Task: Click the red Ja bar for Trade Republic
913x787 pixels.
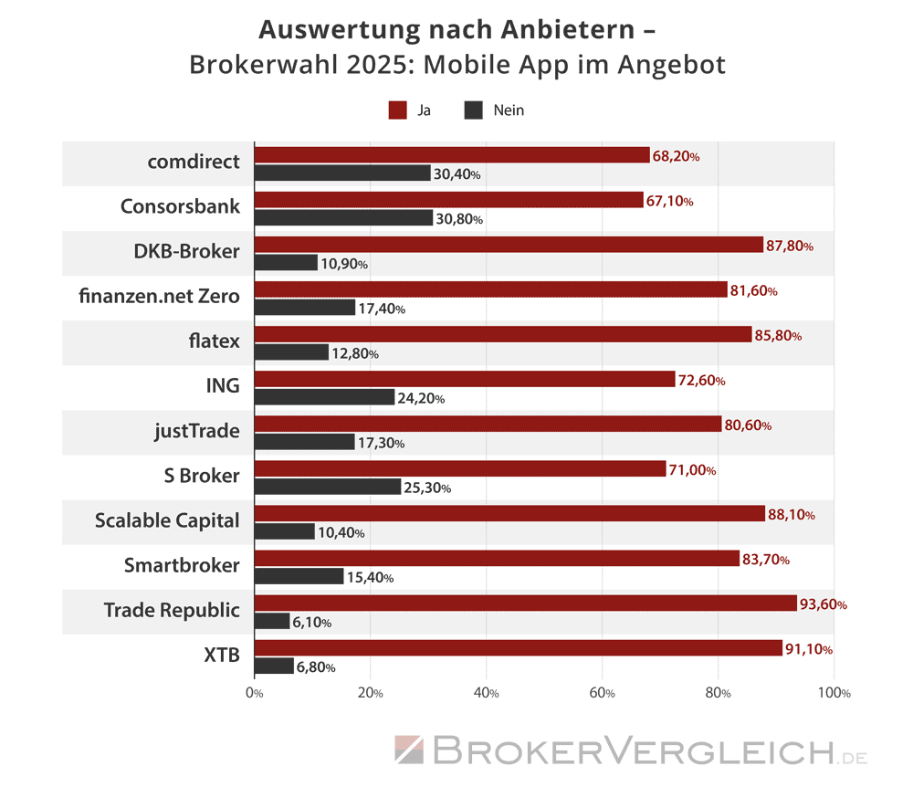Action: click(x=525, y=603)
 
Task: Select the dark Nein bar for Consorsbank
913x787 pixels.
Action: click(x=343, y=218)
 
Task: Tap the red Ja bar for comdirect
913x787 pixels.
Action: click(x=452, y=156)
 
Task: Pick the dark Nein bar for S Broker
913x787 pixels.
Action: click(x=327, y=487)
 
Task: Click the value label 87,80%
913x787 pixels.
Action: click(x=790, y=246)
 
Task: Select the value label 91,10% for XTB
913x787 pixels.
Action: click(x=808, y=649)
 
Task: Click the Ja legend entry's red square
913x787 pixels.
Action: click(x=397, y=110)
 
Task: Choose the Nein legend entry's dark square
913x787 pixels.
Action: click(x=473, y=110)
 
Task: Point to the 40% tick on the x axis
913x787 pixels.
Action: click(x=487, y=693)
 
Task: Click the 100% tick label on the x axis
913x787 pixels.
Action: click(x=834, y=693)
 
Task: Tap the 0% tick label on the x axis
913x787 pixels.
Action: click(x=255, y=693)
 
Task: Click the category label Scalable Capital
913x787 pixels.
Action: click(x=167, y=520)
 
